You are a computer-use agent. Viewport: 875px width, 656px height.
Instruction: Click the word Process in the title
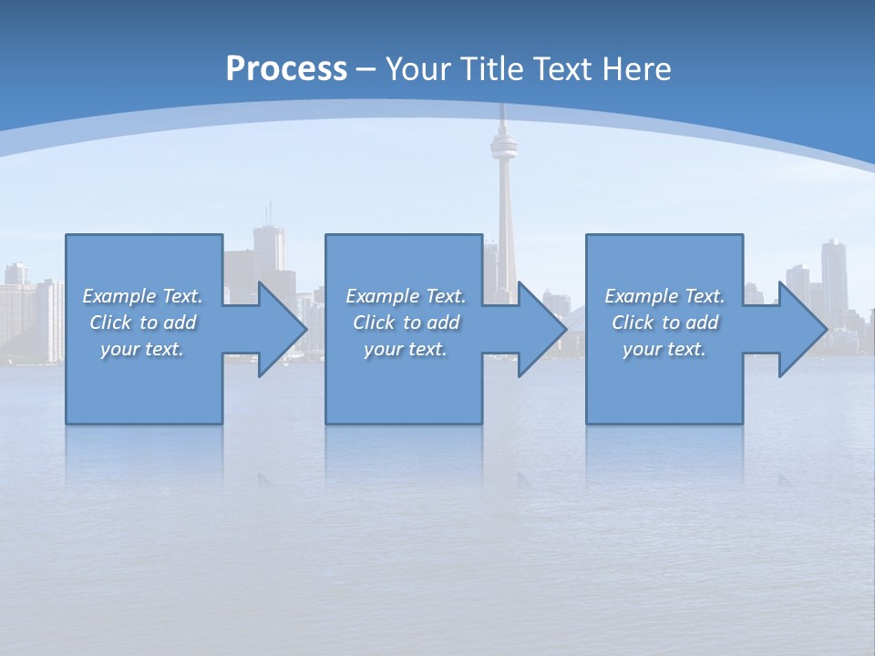click(x=286, y=69)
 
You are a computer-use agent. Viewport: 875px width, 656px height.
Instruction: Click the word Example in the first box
click(x=118, y=296)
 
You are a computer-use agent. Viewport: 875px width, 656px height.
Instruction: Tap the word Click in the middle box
click(x=373, y=323)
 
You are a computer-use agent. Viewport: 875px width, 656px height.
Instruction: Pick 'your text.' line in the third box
click(x=664, y=349)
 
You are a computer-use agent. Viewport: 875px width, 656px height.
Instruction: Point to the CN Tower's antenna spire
click(x=502, y=114)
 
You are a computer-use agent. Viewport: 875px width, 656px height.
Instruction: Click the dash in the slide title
click(x=366, y=69)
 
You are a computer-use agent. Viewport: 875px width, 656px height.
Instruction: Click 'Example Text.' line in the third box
click(x=664, y=296)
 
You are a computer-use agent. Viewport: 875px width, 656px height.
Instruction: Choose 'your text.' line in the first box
click(x=142, y=349)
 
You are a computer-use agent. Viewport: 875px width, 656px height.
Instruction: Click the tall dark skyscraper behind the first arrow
click(x=268, y=246)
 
